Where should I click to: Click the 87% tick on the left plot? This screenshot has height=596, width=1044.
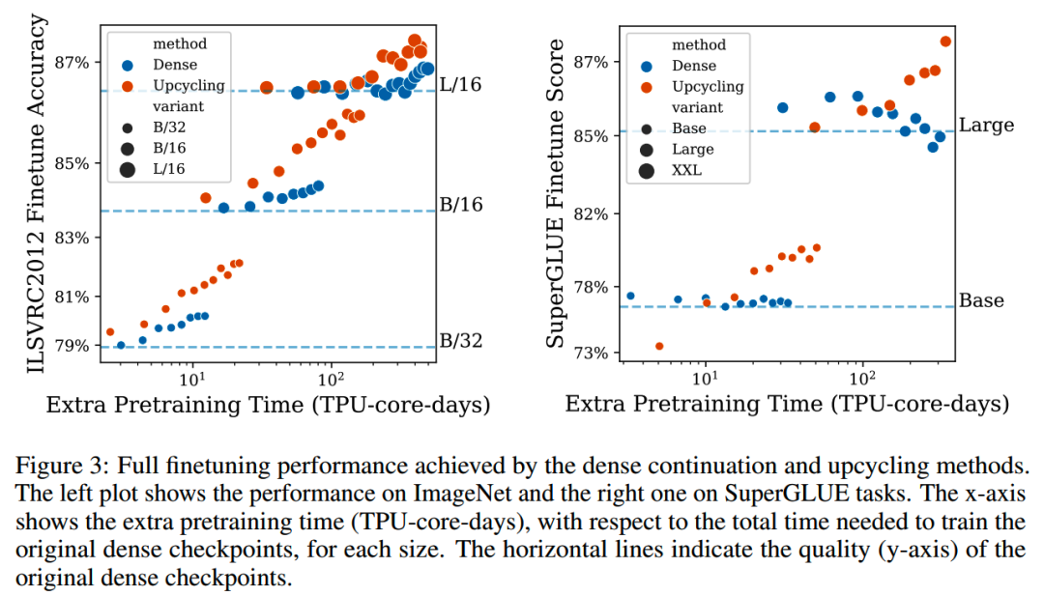(x=72, y=63)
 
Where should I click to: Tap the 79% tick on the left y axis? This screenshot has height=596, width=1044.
(x=72, y=346)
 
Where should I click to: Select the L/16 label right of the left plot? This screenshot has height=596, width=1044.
(x=460, y=85)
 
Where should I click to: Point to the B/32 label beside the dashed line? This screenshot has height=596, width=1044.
(x=461, y=340)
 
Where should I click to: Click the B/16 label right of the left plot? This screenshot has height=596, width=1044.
(x=461, y=205)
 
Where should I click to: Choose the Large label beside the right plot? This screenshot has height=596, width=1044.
(x=986, y=126)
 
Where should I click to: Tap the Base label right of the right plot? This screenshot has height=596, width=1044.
(x=981, y=300)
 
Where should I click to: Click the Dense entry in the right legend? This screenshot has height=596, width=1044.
(x=694, y=66)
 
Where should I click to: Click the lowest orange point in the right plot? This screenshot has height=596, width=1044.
(x=659, y=346)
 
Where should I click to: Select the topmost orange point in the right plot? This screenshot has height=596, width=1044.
(x=945, y=41)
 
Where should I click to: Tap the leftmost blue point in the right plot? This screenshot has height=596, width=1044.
(x=630, y=296)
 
